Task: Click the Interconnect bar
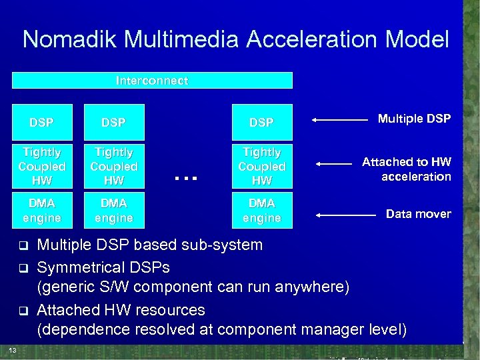(x=152, y=81)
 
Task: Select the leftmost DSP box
(x=42, y=122)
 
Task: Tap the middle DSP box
(x=114, y=122)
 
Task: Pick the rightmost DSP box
(x=262, y=122)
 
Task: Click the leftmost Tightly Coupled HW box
(x=42, y=166)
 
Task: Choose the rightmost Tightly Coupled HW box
(x=262, y=166)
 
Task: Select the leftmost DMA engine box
(x=42, y=210)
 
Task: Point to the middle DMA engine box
(x=114, y=210)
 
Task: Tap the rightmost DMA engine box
(x=262, y=210)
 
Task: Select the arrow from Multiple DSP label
(x=341, y=120)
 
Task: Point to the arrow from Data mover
(x=345, y=215)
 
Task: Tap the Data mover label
(x=419, y=214)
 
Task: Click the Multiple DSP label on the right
(x=414, y=119)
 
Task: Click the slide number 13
(x=13, y=350)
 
